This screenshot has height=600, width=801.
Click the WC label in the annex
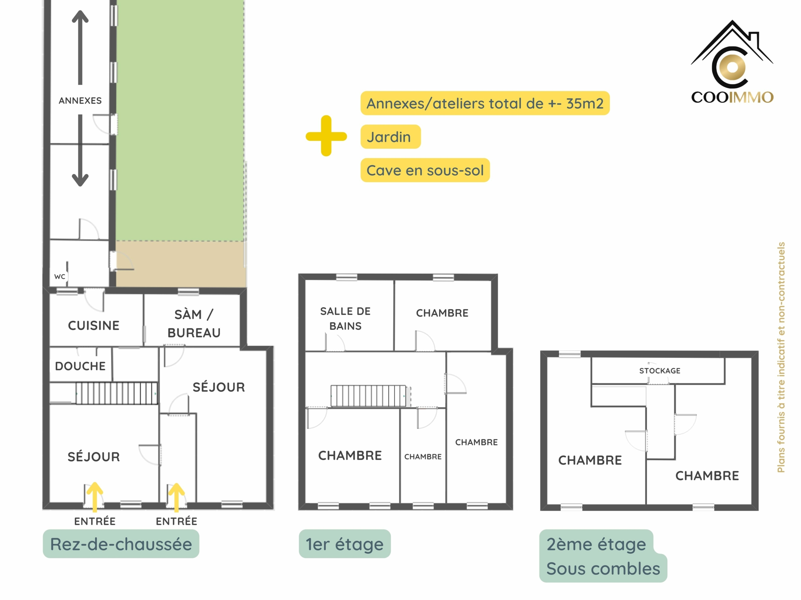tap(60, 277)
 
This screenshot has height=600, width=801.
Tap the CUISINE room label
tap(94, 326)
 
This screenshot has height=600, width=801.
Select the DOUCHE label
tap(80, 366)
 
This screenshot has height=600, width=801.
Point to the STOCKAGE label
tap(660, 371)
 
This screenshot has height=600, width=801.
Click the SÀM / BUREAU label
tap(194, 324)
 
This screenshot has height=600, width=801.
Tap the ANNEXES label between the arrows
tap(80, 101)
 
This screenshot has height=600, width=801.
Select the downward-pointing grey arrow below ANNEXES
tap(80, 150)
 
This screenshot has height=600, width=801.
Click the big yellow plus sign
tap(326, 136)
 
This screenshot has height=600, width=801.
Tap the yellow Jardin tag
tap(391, 137)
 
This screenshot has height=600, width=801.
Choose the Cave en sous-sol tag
tap(425, 170)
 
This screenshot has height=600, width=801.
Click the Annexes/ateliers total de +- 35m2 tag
tap(485, 103)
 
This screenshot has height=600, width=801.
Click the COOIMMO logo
tap(732, 62)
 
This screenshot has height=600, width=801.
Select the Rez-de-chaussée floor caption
tap(121, 544)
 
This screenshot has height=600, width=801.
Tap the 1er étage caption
tap(345, 544)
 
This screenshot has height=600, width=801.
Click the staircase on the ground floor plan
tap(117, 393)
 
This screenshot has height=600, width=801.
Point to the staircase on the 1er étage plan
tap(369, 396)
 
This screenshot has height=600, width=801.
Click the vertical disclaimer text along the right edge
tap(781, 357)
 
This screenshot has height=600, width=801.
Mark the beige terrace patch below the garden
tap(180, 264)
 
